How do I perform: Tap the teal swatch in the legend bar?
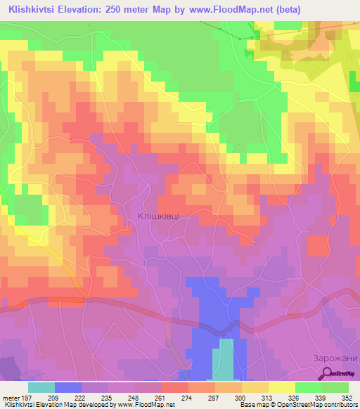click(x=41, y=387)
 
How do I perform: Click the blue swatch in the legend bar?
click(x=68, y=387)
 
